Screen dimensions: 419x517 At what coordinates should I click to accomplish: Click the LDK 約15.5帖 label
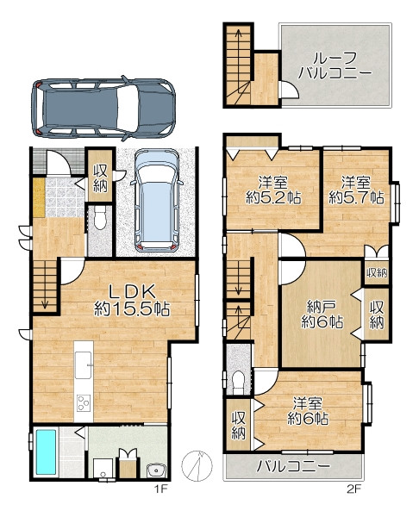point(132,301)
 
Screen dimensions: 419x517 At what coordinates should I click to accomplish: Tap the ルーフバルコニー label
point(335,65)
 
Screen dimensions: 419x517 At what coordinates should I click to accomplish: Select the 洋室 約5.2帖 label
point(273,190)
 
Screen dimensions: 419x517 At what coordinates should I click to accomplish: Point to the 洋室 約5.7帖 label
point(356,190)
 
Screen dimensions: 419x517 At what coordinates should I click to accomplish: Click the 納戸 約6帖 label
point(322,314)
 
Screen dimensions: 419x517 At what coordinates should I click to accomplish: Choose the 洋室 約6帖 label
point(308,411)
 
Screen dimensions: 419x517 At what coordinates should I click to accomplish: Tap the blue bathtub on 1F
point(46,452)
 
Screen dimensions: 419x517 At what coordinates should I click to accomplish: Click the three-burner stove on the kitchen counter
point(84,402)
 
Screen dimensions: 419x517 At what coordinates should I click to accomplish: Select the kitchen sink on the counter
point(83,365)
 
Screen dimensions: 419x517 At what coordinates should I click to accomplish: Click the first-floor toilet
point(100,218)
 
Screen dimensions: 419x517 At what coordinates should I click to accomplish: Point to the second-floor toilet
point(239,382)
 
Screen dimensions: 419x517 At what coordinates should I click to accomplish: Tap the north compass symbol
point(197,465)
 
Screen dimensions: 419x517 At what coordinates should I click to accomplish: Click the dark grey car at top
point(103,109)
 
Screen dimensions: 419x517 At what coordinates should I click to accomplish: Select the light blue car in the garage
point(157,199)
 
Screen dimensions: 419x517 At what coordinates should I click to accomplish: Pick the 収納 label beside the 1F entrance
point(100,178)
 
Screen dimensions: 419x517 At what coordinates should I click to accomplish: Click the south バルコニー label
point(293,466)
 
